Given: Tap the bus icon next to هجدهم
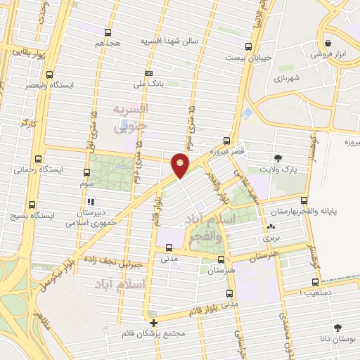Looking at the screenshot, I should pyautogui.click(x=108, y=32).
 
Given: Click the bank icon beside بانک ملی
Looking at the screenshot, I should pyautogui.click(x=148, y=73).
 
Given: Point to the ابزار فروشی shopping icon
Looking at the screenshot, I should pyautogui.click(x=328, y=43).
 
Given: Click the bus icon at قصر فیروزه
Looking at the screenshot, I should pyautogui.click(x=226, y=140).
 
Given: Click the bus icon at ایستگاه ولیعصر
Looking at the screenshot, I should pyautogui.click(x=49, y=75).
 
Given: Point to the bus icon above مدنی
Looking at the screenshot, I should pyautogui.click(x=169, y=247).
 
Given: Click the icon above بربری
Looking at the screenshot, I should pyautogui.click(x=271, y=227).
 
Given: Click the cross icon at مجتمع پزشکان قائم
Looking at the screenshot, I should pyautogui.click(x=153, y=322).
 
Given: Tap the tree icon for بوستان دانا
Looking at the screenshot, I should pyautogui.click(x=338, y=327).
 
